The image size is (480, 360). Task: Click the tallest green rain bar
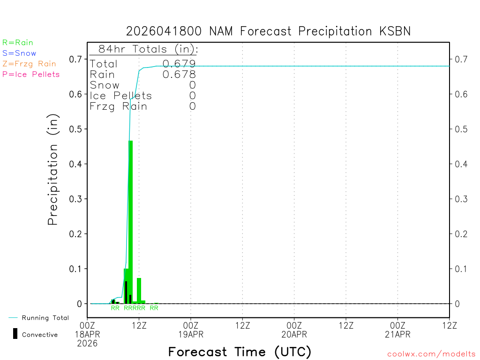(x=131, y=220)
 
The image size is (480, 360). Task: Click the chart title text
(x=268, y=31)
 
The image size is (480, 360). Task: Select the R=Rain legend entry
(x=18, y=43)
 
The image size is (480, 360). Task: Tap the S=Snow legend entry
(x=19, y=53)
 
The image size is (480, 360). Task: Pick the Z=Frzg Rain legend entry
(x=29, y=64)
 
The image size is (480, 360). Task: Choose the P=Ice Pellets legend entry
(x=31, y=74)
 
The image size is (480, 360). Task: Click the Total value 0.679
(x=179, y=64)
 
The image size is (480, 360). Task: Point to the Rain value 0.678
(x=179, y=75)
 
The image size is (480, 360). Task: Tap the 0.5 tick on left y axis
(x=76, y=129)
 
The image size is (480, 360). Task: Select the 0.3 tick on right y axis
(x=461, y=199)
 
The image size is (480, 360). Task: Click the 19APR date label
(x=191, y=334)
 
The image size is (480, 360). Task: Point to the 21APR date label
(x=397, y=334)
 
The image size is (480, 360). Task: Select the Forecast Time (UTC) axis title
(x=240, y=352)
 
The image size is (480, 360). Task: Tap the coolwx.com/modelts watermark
(x=431, y=354)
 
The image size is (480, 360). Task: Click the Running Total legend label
(x=45, y=318)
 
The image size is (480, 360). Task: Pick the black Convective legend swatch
(x=15, y=333)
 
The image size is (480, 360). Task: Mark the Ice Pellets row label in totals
(x=121, y=96)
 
